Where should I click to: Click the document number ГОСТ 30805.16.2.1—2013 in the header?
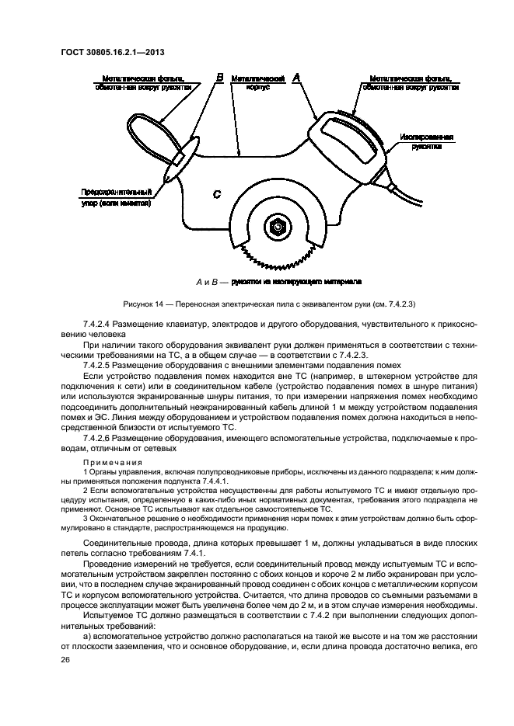click(x=114, y=53)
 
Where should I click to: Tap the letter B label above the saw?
click(x=219, y=78)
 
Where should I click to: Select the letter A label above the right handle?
click(x=295, y=78)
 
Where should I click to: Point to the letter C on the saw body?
click(x=217, y=194)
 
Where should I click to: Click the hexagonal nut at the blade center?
click(x=278, y=227)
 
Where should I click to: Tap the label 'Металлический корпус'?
click(x=257, y=83)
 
